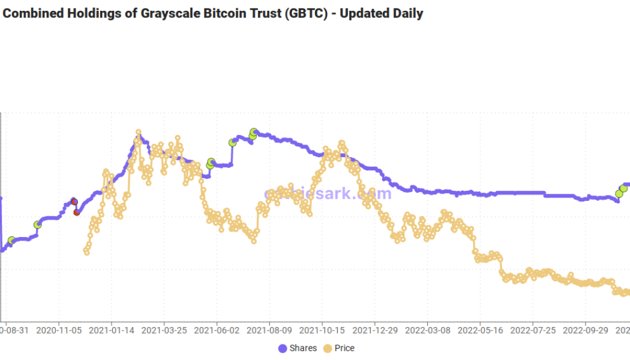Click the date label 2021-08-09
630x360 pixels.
tap(269, 329)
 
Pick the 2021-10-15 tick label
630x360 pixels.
tap(322, 329)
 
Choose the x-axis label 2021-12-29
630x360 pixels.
tap(375, 329)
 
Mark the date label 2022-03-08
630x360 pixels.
tap(428, 329)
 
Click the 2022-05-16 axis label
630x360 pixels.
tap(481, 329)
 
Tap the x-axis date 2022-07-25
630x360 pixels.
tap(533, 329)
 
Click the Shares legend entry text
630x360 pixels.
tap(303, 348)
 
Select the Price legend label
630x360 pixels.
tap(344, 348)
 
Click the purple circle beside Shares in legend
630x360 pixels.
tap(283, 349)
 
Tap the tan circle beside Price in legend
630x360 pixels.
tap(328, 349)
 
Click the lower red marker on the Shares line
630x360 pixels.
tap(77, 212)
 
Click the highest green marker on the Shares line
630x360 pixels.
tap(254, 131)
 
